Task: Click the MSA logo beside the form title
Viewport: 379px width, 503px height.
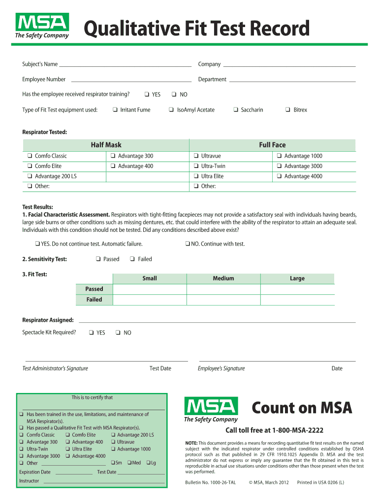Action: (x=42, y=26)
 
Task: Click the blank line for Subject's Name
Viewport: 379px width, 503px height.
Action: (x=125, y=65)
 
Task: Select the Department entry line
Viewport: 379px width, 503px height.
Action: (x=292, y=80)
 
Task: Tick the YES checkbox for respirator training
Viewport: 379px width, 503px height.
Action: (x=147, y=95)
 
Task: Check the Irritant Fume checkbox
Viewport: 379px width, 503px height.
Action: (x=115, y=110)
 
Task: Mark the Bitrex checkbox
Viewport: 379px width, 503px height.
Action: (x=288, y=110)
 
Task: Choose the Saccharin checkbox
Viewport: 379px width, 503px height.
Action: (x=236, y=110)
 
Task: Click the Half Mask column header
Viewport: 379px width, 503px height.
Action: (x=106, y=145)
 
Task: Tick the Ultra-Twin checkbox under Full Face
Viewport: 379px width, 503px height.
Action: (x=196, y=167)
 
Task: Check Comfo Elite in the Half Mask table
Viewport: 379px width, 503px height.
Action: (x=30, y=167)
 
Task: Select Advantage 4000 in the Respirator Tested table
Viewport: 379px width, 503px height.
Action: (x=279, y=176)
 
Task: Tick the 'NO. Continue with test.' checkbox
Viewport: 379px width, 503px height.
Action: (x=188, y=244)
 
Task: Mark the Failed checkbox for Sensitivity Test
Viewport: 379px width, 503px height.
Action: (x=132, y=259)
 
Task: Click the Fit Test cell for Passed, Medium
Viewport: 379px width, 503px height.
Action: (x=223, y=289)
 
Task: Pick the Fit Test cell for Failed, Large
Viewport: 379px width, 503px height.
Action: (x=297, y=300)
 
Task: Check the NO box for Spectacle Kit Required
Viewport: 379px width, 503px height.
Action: (x=118, y=333)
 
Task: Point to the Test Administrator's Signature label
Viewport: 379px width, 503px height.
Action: (x=55, y=368)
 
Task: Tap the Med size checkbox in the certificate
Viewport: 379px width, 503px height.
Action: (x=129, y=463)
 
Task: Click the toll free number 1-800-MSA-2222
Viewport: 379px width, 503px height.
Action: (x=274, y=430)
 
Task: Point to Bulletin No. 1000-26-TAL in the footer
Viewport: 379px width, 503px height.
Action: (x=210, y=482)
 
